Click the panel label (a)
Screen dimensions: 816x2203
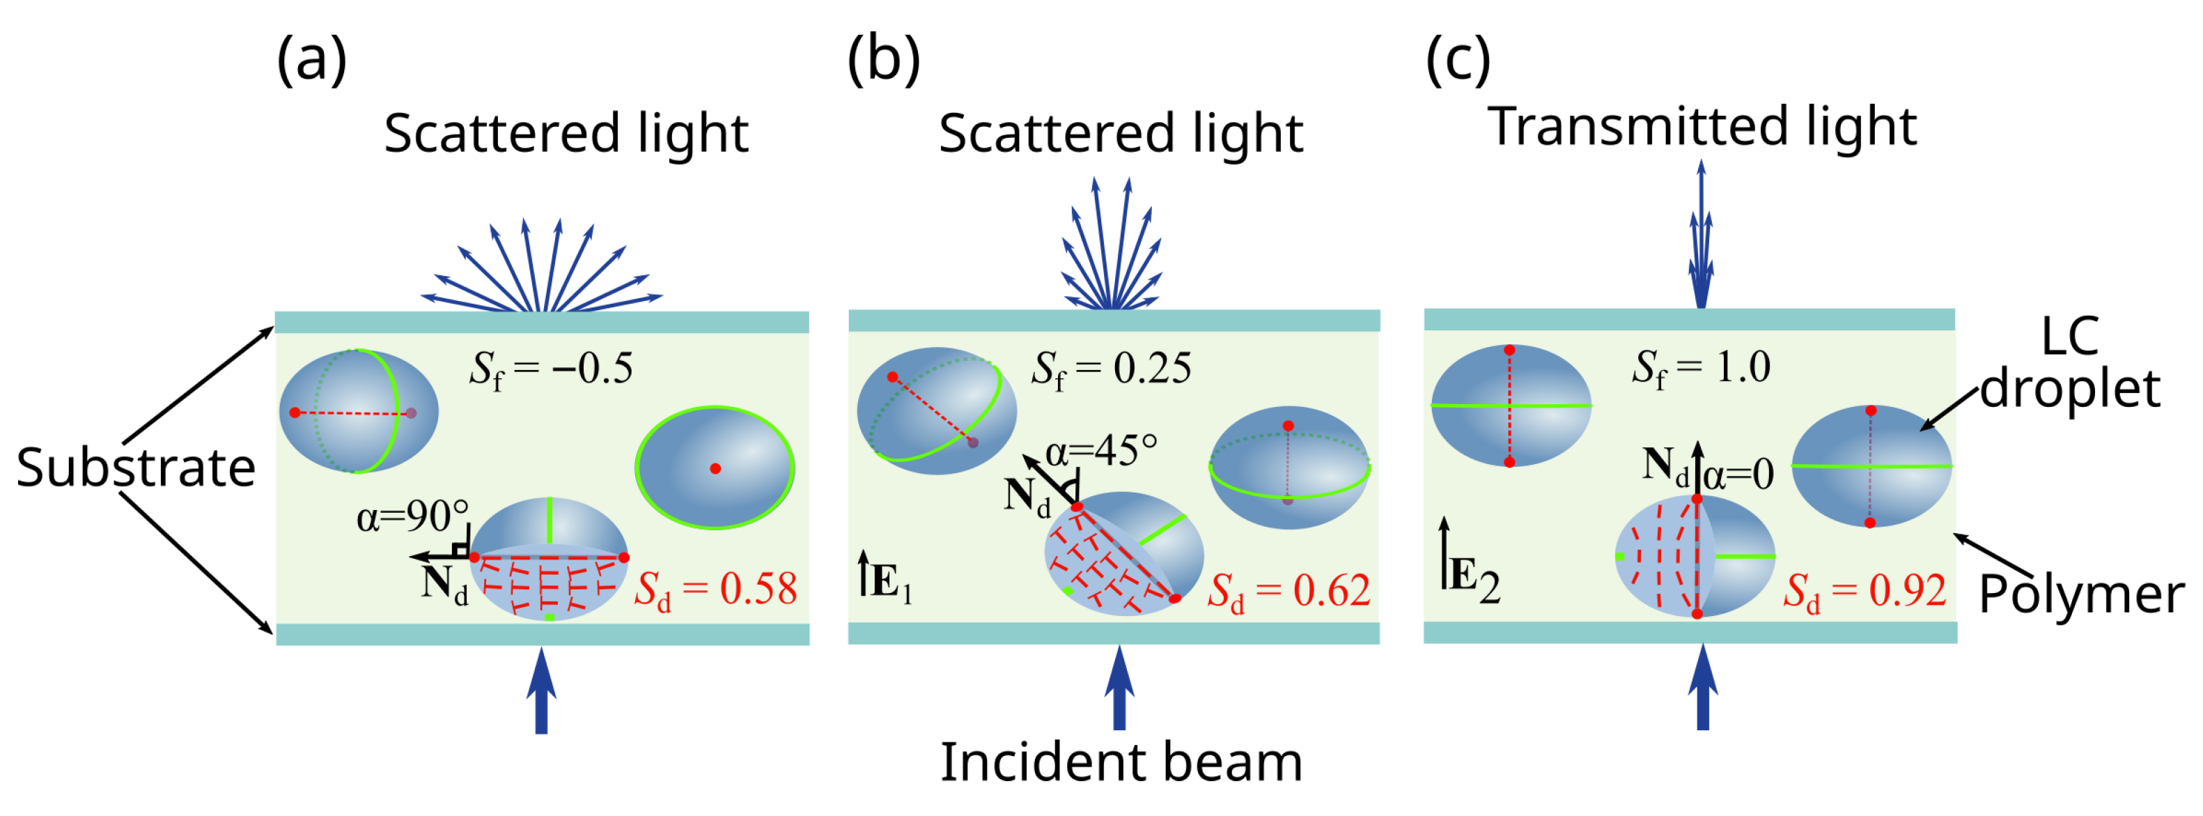click(311, 61)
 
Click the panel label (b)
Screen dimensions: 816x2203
click(882, 61)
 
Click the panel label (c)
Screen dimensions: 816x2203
click(1458, 61)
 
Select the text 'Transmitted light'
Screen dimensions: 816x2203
click(1702, 127)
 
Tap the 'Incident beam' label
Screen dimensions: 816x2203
click(1121, 762)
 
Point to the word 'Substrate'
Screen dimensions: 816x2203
click(136, 468)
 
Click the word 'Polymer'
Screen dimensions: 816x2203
click(2080, 594)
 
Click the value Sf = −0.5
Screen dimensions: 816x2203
click(551, 369)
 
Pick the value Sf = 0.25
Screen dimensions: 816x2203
click(1111, 369)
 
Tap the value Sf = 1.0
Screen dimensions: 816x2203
click(1700, 367)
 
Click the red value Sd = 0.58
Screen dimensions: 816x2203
click(715, 590)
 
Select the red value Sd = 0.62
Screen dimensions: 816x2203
click(1288, 591)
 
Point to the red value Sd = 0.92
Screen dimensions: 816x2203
click(1865, 591)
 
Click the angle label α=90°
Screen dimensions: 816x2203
click(412, 516)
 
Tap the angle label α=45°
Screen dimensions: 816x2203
click(1102, 450)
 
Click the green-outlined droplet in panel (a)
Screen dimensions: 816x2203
click(715, 468)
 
